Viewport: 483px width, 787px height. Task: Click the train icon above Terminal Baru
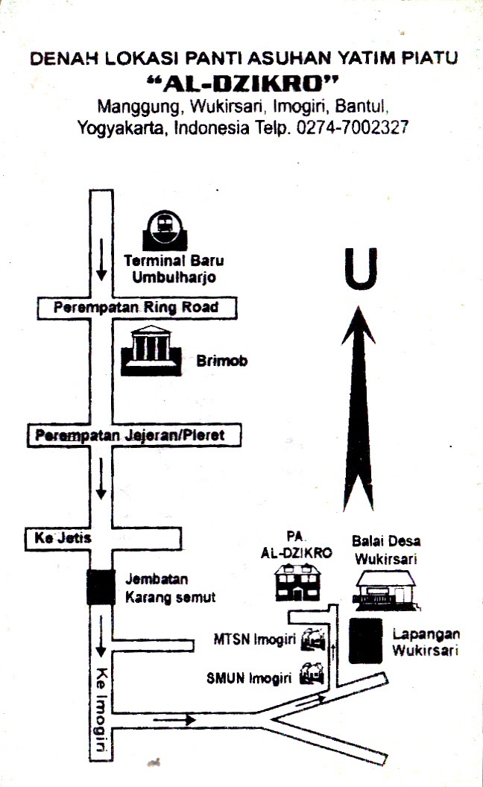[x=164, y=229]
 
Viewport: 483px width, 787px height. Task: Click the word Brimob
[x=221, y=361]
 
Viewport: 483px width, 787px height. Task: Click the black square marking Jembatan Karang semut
[x=101, y=587]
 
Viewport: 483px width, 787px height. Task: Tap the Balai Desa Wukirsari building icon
[x=384, y=588]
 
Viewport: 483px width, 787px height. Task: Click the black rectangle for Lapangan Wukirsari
[x=365, y=640]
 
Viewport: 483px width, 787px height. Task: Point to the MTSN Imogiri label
[x=254, y=639]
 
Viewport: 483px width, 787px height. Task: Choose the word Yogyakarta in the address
[x=122, y=127]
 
